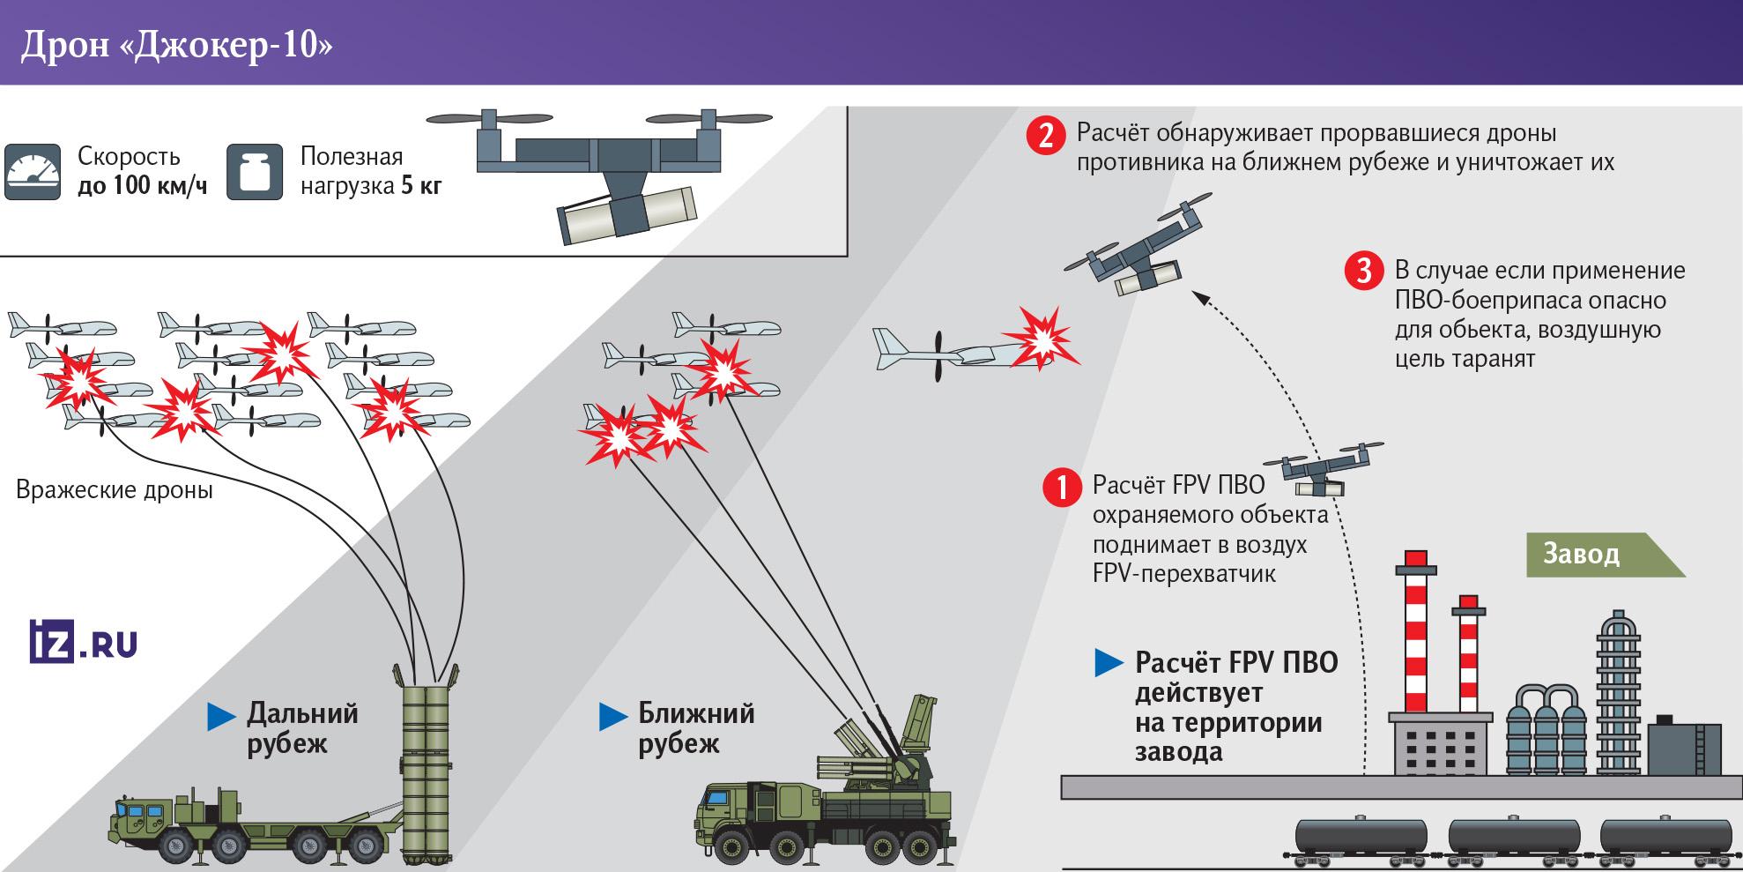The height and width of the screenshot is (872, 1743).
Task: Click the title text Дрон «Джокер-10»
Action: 176,45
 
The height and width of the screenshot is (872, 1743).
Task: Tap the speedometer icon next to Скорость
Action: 33,171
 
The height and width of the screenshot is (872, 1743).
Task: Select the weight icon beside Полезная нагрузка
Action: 255,171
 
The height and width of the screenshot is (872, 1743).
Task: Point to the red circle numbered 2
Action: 1046,136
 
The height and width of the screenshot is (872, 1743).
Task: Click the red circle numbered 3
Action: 1363,271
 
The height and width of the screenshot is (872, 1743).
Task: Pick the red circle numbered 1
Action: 1062,487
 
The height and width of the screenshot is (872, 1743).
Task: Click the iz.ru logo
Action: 83,642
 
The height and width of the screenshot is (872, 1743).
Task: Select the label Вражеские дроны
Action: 115,490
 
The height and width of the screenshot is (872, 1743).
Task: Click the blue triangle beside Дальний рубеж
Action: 221,717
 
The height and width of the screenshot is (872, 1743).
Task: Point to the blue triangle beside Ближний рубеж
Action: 612,717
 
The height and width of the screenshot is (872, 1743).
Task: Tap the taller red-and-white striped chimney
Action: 1415,635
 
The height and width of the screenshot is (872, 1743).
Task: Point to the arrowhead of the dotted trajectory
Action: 1200,297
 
